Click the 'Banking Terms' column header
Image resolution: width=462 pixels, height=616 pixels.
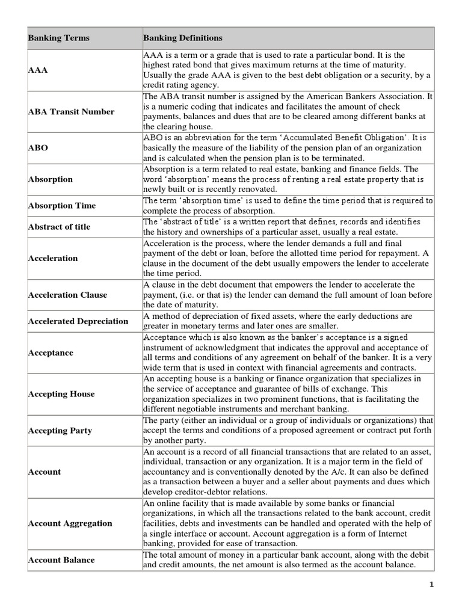(x=58, y=38)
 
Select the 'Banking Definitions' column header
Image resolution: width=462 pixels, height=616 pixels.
(x=182, y=38)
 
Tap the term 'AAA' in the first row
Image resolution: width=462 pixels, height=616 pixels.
(x=37, y=70)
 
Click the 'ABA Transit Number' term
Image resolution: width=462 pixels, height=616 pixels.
(x=71, y=112)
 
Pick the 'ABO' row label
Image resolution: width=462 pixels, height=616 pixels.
(x=38, y=148)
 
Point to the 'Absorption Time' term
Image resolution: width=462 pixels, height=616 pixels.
(x=61, y=206)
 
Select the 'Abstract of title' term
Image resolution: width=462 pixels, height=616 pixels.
(x=59, y=227)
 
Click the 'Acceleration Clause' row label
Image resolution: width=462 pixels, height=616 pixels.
(x=67, y=295)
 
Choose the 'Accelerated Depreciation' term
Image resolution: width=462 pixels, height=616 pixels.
(x=78, y=321)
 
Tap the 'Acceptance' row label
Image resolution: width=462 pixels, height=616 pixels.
(x=51, y=353)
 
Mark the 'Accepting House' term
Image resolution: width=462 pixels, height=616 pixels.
(x=61, y=394)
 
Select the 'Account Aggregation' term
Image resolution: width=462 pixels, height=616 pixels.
(x=70, y=523)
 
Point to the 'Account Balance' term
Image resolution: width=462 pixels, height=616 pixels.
(x=61, y=560)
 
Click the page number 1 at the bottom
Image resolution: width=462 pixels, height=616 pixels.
(x=431, y=584)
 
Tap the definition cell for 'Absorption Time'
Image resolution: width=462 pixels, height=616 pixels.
(x=288, y=206)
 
